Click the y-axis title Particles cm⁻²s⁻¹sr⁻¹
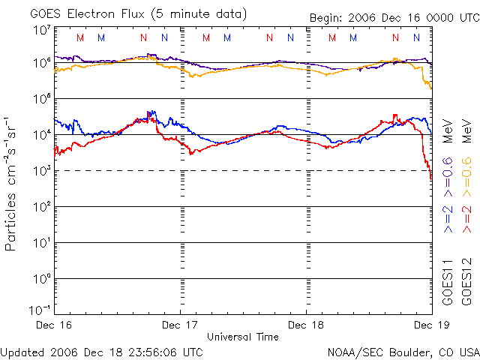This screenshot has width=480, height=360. pyautogui.click(x=12, y=184)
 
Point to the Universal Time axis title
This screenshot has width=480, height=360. pyautogui.click(x=243, y=337)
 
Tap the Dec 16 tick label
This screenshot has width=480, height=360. pyautogui.click(x=53, y=325)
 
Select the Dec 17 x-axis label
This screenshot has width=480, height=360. pyautogui.click(x=180, y=325)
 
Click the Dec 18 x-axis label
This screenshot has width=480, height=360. pyautogui.click(x=306, y=325)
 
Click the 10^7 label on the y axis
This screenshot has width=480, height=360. pyautogui.click(x=42, y=30)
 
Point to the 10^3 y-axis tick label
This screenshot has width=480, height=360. pyautogui.click(x=42, y=171)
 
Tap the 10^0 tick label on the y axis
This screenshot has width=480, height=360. pyautogui.click(x=42, y=279)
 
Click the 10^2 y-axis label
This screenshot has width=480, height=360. pyautogui.click(x=42, y=207)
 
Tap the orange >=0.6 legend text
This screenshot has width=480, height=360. pyautogui.click(x=465, y=173)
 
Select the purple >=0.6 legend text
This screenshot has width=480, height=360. pyautogui.click(x=447, y=173)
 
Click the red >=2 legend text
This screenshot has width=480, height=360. pyautogui.click(x=465, y=217)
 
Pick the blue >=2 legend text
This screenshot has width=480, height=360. pyautogui.click(x=447, y=217)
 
